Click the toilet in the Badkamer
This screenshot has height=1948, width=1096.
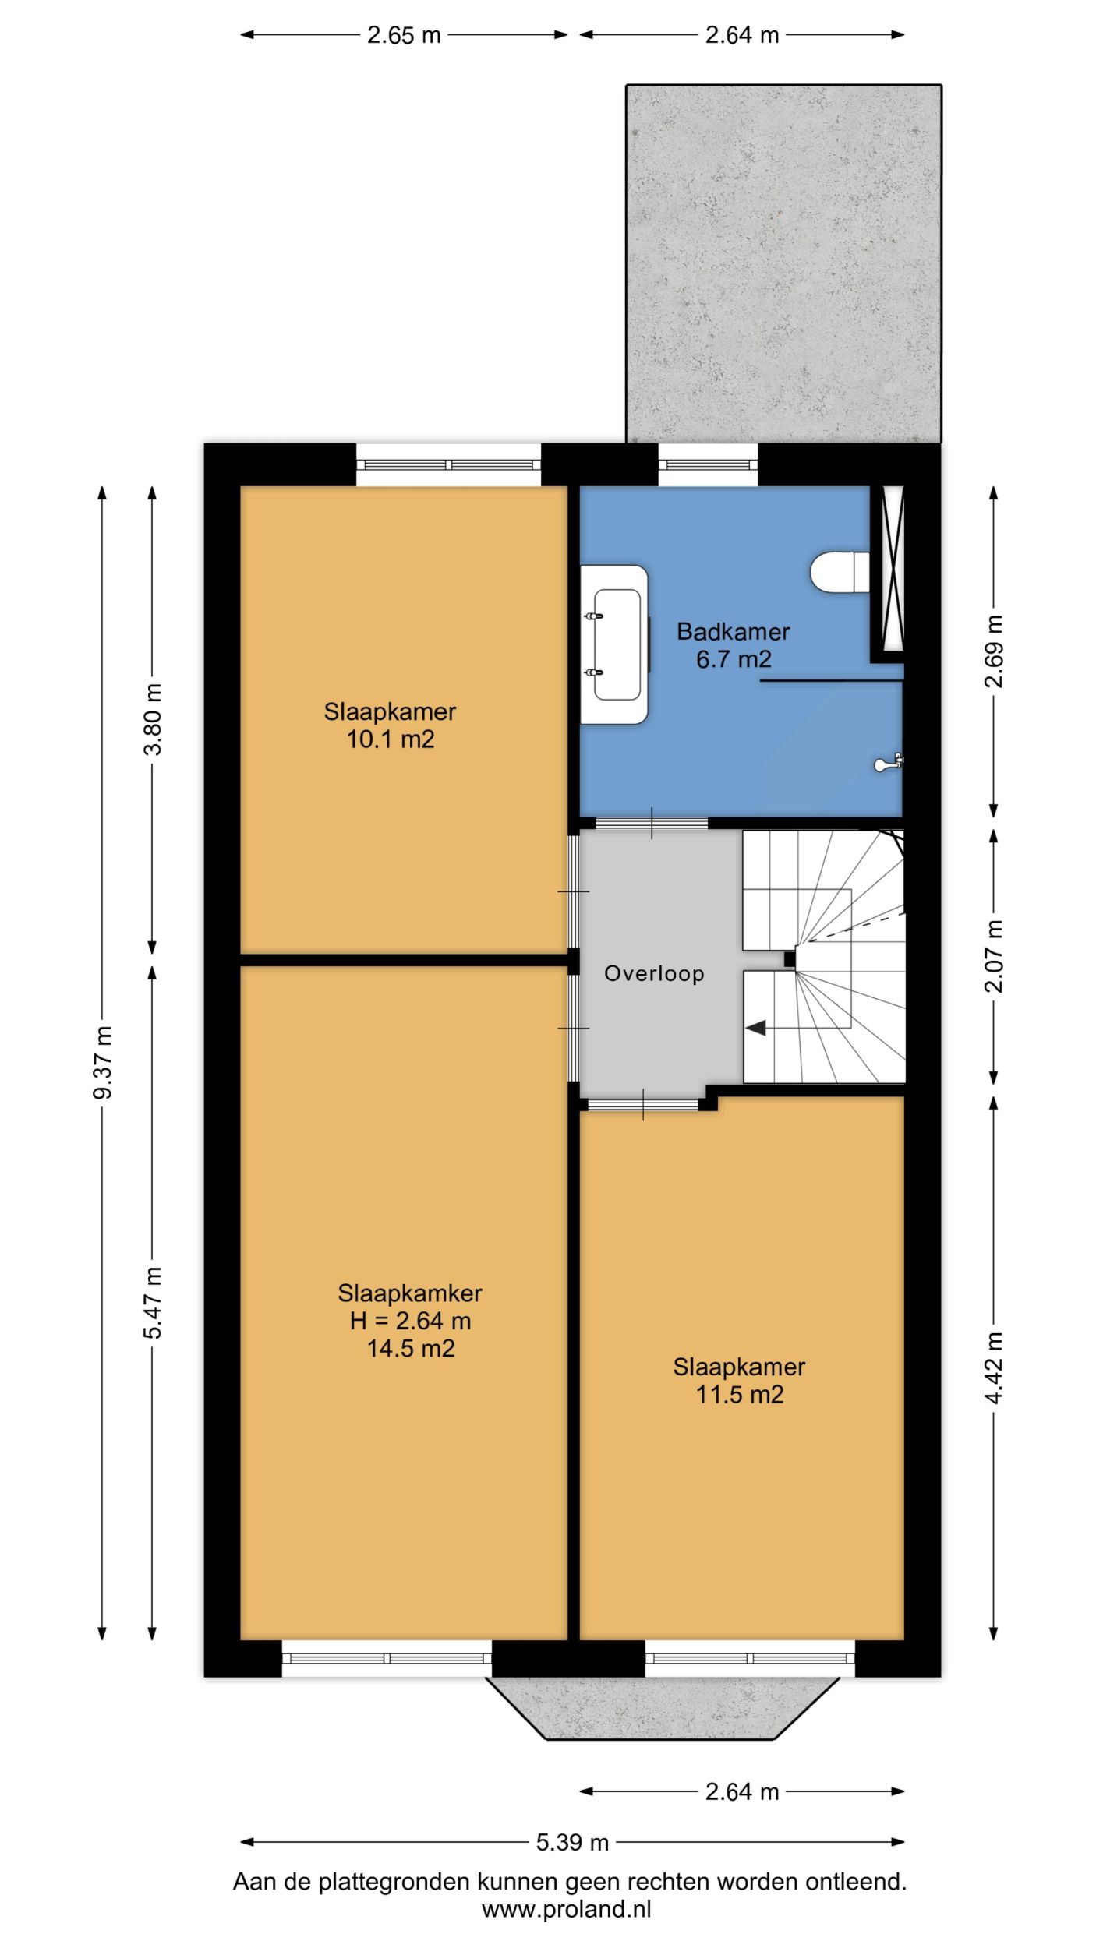coord(840,572)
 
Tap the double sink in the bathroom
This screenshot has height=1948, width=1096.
coord(614,644)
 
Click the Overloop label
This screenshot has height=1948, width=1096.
coord(654,973)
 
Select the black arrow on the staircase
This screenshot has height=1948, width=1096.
coord(756,1029)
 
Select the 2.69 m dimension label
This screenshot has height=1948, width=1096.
coord(995,651)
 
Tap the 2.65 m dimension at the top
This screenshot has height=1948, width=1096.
coord(404,35)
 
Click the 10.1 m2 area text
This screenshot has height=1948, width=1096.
coord(390,739)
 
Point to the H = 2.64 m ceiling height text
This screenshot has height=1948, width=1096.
coord(410,1321)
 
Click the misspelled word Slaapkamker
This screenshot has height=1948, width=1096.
coord(410,1293)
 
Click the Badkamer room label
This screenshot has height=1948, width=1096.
coord(733,631)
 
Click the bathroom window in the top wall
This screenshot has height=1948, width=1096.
coord(708,465)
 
